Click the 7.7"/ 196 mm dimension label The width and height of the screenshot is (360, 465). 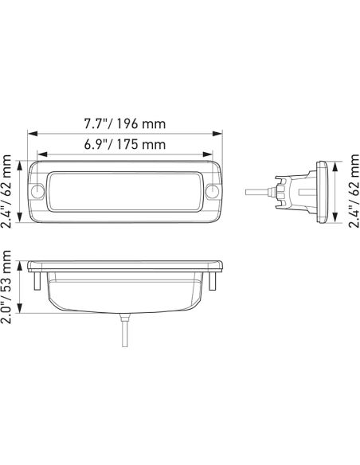(x=125, y=123)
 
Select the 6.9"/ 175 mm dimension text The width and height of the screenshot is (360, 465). (x=125, y=144)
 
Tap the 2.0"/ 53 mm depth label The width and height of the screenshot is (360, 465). (x=6, y=287)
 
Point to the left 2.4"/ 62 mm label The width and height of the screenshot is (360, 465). (x=6, y=191)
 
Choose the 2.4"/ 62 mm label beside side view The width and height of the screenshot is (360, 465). (x=354, y=190)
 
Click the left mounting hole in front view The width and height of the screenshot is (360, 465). (x=37, y=191)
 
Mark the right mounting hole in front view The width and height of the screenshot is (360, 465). (x=213, y=191)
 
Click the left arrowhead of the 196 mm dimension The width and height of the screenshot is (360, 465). (x=33, y=134)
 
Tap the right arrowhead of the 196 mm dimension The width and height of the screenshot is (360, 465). (x=217, y=134)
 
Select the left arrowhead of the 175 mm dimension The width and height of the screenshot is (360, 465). (x=43, y=154)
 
